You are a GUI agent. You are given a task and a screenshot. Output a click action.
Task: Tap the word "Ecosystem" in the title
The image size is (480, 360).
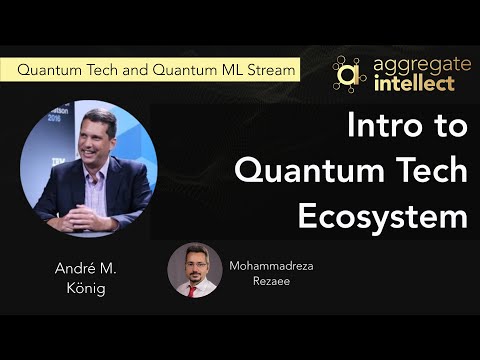click(383, 213)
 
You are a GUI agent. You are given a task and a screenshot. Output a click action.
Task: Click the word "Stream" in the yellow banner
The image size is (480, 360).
click(269, 71)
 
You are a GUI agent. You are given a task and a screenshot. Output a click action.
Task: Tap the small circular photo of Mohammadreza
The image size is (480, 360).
click(195, 270)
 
